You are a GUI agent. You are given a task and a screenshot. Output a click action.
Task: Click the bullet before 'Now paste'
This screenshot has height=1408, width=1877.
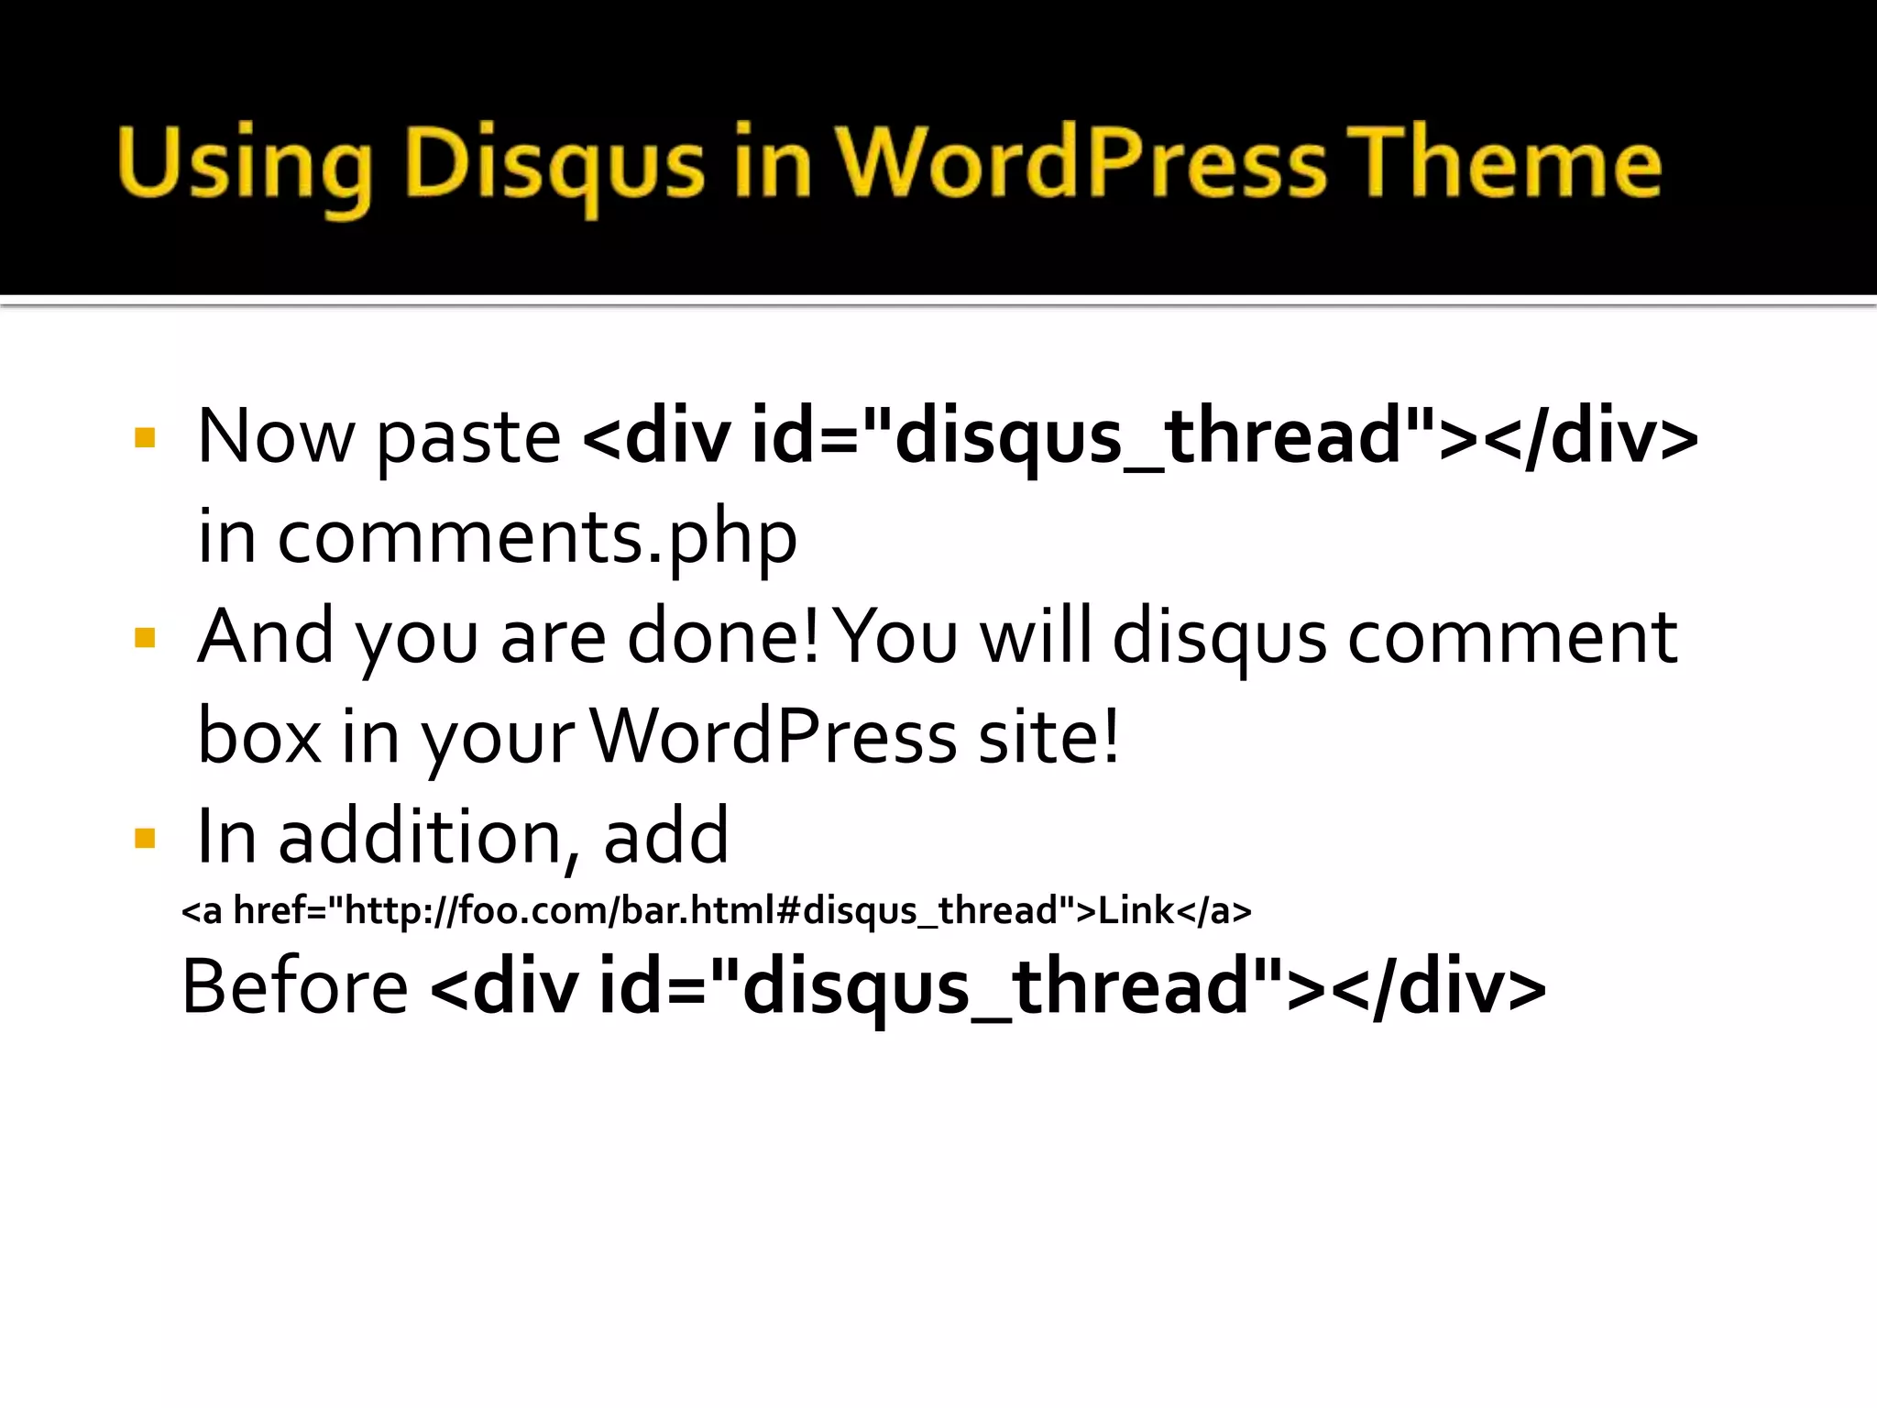click(x=145, y=437)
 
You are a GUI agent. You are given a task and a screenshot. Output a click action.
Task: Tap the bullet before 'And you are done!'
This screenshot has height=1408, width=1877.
click(x=145, y=638)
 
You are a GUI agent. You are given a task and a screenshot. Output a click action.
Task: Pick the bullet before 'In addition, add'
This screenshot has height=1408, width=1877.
click(x=145, y=838)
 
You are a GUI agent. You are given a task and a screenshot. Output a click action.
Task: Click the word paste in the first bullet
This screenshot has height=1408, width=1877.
click(x=468, y=439)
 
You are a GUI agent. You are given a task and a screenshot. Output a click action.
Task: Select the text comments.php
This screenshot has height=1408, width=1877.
click(x=537, y=538)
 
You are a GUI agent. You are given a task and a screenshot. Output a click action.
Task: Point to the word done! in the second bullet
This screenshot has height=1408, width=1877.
click(x=723, y=637)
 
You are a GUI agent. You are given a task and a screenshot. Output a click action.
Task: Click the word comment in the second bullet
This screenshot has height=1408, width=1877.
click(x=1512, y=639)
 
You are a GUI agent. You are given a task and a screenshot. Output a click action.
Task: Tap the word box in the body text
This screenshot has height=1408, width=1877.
click(x=259, y=737)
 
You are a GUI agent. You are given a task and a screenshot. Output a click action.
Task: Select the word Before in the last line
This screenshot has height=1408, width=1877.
click(x=294, y=987)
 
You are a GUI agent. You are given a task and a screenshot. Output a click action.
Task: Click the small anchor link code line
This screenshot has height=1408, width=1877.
click(x=716, y=911)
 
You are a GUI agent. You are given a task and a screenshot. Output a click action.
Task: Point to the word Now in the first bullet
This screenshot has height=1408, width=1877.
click(x=276, y=437)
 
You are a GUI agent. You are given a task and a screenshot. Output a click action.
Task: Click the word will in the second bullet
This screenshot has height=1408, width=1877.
click(x=1037, y=637)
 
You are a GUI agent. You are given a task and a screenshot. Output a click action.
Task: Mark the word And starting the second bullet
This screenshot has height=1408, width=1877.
click(x=267, y=637)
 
